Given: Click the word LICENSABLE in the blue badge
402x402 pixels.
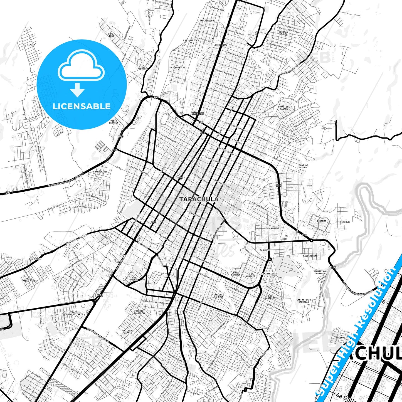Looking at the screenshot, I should point(82,106).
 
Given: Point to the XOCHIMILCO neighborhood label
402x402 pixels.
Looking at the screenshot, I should point(207,21).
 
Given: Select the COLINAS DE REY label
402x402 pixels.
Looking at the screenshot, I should point(283,33).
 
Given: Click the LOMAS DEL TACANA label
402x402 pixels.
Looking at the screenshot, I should point(284,108).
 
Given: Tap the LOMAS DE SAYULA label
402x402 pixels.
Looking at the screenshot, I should point(303,166).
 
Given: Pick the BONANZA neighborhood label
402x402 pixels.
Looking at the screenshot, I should point(321,221).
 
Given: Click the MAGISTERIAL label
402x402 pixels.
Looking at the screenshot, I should point(310,256).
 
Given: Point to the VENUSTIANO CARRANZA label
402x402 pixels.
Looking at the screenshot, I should point(320,272).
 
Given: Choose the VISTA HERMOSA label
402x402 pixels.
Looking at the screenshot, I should point(114,122).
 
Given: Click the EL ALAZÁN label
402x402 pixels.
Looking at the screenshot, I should point(29,45).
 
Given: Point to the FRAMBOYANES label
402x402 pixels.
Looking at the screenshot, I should point(100,172).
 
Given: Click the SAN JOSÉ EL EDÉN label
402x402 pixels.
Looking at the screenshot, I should point(219,296).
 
